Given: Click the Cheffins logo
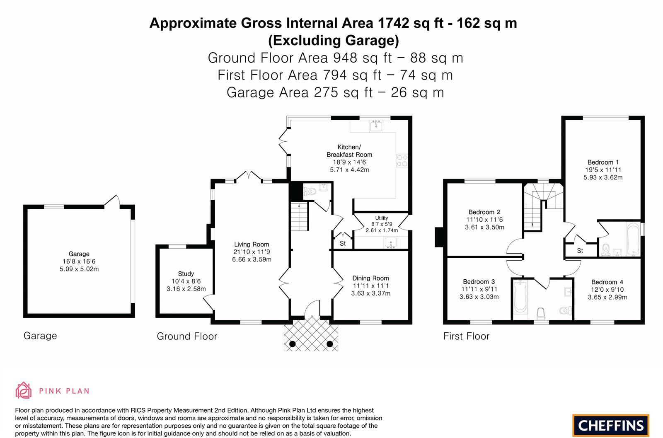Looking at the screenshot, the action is [611, 426].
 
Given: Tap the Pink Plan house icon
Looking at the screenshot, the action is [23, 390].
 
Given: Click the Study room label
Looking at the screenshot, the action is [186, 274].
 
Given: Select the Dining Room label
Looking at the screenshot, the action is [370, 278].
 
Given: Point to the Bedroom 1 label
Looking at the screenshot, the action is [603, 162].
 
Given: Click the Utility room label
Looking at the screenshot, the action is [382, 218].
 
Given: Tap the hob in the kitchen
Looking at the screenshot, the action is [402, 160].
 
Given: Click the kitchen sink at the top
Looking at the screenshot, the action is [376, 126].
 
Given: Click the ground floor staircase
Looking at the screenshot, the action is [299, 217].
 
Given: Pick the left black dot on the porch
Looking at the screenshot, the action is [293, 344].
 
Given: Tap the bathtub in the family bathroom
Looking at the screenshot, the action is [520, 297].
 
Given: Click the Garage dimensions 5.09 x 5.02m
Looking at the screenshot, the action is [79, 269].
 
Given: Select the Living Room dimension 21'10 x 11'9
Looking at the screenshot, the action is [252, 252].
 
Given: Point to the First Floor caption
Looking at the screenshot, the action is [466, 336].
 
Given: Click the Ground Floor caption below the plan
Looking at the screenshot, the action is [187, 336].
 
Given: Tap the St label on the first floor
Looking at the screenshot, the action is [580, 251].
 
